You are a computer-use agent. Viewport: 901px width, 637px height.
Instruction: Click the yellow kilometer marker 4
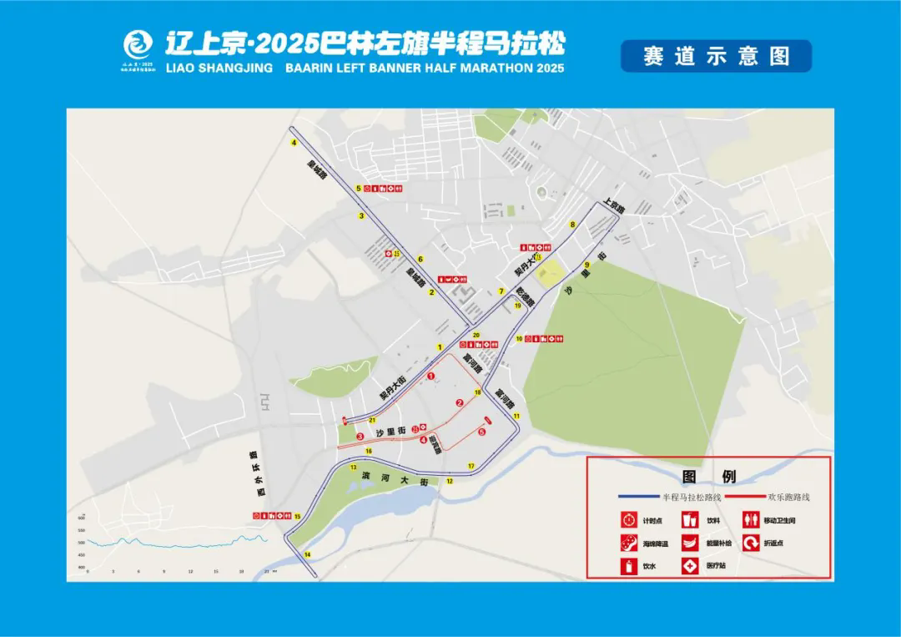coord(294,144)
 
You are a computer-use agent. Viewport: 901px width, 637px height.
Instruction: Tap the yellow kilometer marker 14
coord(307,554)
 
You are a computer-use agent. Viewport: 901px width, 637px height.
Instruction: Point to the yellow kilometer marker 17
coord(471,466)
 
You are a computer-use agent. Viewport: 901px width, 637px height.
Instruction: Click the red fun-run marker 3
coord(360,436)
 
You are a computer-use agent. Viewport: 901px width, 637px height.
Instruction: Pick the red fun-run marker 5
coord(482,432)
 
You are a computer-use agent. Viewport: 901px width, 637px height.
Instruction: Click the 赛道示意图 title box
coord(716,56)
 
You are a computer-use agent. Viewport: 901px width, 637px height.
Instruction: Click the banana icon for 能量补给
coord(690,543)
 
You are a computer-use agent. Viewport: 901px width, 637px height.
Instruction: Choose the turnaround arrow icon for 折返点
coord(750,543)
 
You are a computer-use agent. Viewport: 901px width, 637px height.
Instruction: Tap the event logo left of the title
coord(138,45)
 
